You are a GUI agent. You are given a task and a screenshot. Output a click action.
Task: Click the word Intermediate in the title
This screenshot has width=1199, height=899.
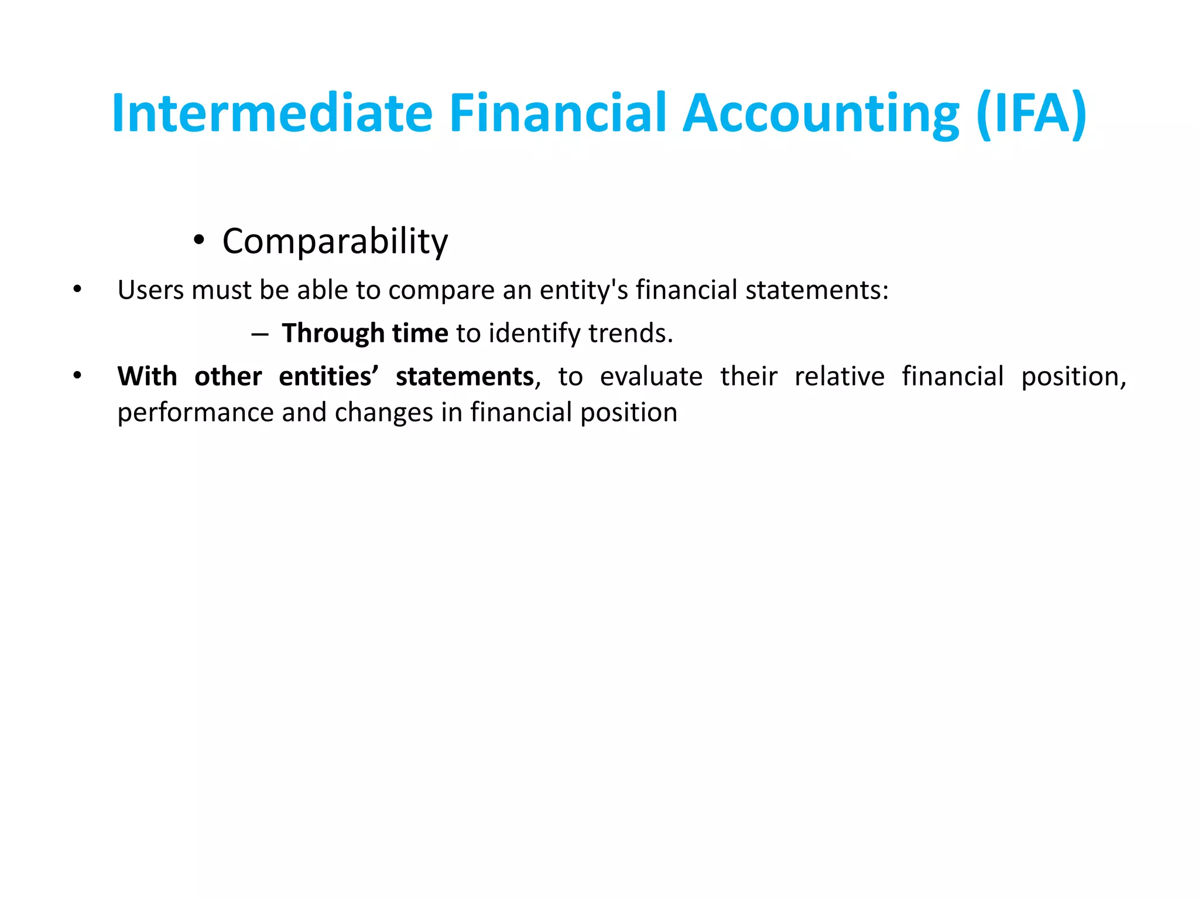pos(272,113)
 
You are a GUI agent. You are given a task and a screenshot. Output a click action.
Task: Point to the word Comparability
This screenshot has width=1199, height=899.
pos(335,241)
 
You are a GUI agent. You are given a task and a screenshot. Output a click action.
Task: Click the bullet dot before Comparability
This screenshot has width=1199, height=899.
pos(199,241)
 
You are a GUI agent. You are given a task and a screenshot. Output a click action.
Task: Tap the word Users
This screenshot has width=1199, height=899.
pos(150,290)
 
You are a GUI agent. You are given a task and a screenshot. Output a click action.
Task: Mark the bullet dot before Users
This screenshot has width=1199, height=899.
pos(77,289)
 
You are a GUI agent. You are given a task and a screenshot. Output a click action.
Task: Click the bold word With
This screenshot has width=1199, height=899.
pos(147,376)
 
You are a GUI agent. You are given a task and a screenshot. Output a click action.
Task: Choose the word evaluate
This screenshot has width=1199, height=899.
pos(651,376)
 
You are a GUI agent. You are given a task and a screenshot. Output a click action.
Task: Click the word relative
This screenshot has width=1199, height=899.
pos(839,376)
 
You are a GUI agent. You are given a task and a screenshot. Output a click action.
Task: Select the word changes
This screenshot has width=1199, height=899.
pos(385,413)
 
